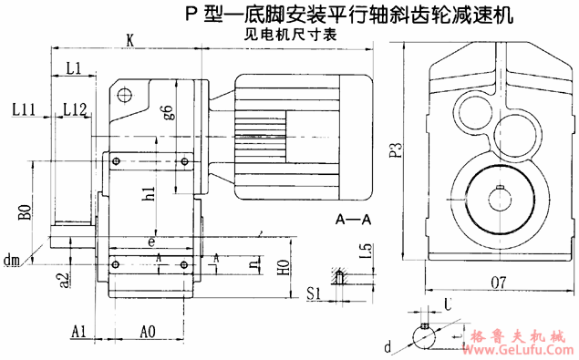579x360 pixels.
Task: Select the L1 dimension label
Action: [x=75, y=67]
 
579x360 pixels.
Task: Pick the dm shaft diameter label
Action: [x=12, y=262]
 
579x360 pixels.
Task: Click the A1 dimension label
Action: [x=78, y=332]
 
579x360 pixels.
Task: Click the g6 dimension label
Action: [x=168, y=113]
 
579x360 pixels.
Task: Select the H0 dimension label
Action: [x=284, y=268]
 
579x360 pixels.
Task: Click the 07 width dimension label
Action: [x=497, y=284]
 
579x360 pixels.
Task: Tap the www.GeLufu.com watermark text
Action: [x=515, y=348]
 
